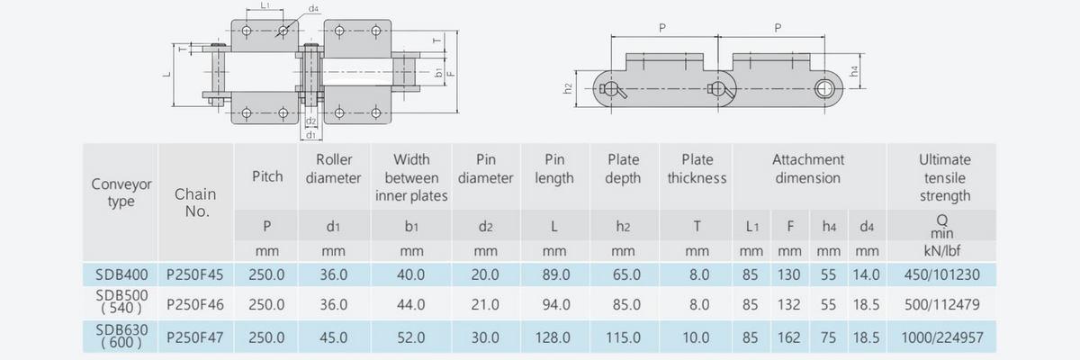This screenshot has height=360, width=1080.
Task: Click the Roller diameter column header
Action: (x=333, y=168)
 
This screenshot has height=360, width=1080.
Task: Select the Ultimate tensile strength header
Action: (x=945, y=177)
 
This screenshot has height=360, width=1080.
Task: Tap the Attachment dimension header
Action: (x=807, y=168)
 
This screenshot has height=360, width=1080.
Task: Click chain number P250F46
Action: (x=195, y=305)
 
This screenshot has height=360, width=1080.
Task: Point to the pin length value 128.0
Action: (x=553, y=338)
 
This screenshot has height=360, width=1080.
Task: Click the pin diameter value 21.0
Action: (x=485, y=305)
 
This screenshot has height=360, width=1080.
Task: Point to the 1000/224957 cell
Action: (x=945, y=338)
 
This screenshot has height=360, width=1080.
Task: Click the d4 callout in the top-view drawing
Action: (x=312, y=8)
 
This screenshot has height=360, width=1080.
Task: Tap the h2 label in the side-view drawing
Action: (x=568, y=88)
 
